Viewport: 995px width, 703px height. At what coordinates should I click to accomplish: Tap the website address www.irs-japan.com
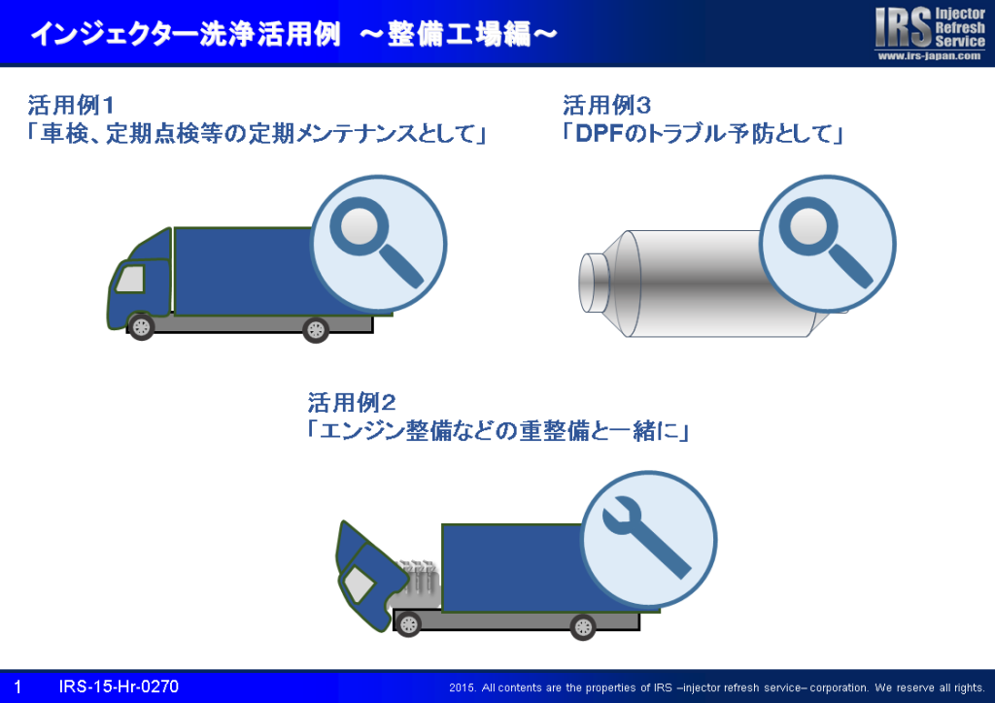930,55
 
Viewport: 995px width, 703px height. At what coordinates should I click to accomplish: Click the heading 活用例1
70,105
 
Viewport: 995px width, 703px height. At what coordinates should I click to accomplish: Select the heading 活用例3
606,105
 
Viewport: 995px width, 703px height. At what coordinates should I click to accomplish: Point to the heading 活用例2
352,403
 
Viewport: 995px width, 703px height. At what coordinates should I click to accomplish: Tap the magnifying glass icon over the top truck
378,244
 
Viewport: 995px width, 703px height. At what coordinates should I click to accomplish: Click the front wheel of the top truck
141,327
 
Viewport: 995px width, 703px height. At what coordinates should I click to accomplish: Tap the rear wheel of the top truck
316,329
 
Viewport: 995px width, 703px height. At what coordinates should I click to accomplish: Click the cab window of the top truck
130,279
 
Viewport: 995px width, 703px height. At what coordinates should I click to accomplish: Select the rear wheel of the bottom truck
583,627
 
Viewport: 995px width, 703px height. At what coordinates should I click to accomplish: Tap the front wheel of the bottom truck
408,625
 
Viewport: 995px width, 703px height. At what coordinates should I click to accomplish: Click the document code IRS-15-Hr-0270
119,686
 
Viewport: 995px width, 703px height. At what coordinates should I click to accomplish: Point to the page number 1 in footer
17,686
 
